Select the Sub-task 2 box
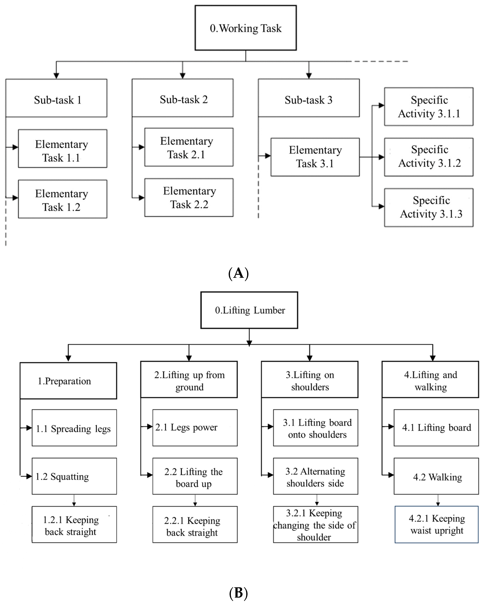click(182, 98)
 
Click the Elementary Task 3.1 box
click(315, 157)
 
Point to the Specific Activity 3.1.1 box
click(429, 107)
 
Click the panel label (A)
click(238, 273)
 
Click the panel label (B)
click(238, 593)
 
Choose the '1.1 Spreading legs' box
click(74, 428)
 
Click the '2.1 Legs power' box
click(195, 428)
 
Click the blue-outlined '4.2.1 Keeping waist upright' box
click(436, 525)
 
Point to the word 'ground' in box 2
click(189, 387)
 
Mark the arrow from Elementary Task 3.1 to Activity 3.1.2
click(372, 157)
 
